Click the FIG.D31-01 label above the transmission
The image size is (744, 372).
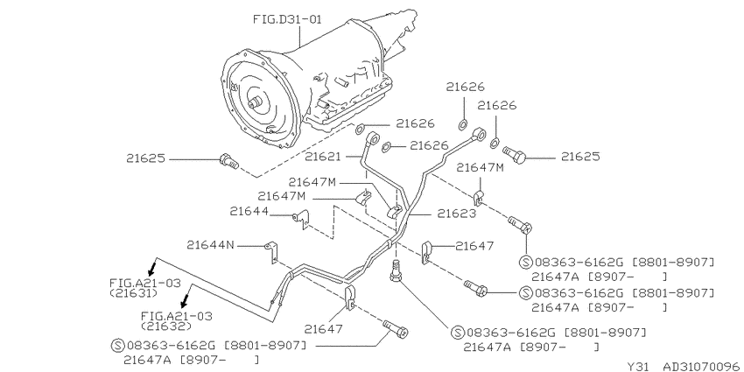287,19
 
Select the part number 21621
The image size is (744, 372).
323,156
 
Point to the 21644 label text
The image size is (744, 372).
249,211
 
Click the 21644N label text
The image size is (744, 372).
210,245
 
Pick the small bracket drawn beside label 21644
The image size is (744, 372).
301,219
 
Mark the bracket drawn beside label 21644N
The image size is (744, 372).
272,251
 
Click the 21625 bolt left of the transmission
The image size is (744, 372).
229,161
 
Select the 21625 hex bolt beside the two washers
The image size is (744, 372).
515,154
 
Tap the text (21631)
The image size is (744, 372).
133,293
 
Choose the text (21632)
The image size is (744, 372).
166,326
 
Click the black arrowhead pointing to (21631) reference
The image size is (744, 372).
151,270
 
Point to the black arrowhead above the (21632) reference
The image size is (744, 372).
186,299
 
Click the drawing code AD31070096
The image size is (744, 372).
701,366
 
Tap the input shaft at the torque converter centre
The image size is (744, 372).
256,102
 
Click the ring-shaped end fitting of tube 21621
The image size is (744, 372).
374,138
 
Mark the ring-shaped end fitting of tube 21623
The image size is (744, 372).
480,133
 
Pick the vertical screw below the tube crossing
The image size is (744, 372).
395,272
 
